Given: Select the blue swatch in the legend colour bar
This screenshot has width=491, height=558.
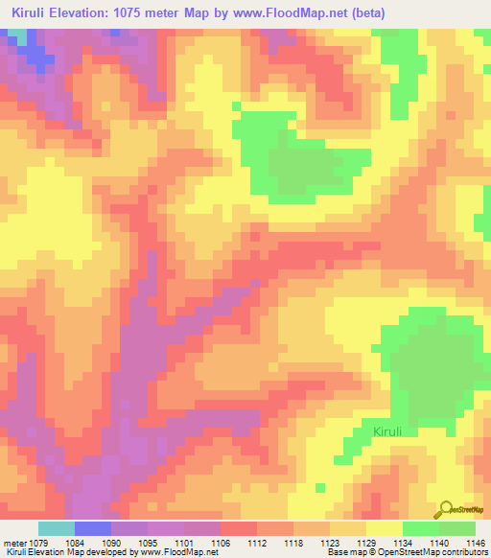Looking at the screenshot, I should click(93, 529).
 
